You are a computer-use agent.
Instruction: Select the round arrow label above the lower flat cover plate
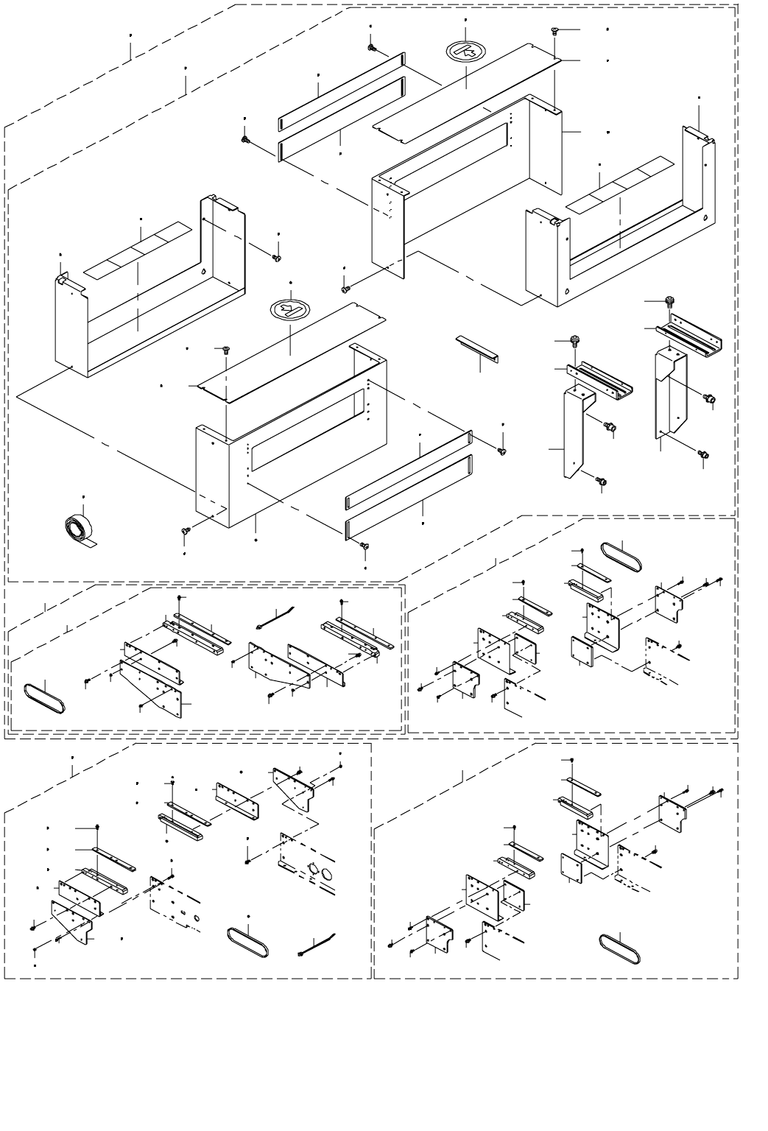coord(289,309)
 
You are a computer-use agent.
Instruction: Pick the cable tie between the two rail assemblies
coord(275,617)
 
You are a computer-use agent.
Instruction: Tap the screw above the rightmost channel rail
coord(669,300)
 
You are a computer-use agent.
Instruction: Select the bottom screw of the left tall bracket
coord(602,482)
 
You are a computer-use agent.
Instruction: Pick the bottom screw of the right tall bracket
coord(703,455)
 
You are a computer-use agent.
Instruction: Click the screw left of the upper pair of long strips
coord(245,138)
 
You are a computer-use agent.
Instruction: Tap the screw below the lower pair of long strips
coord(364,546)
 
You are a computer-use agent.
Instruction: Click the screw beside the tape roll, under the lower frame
coord(185,530)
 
